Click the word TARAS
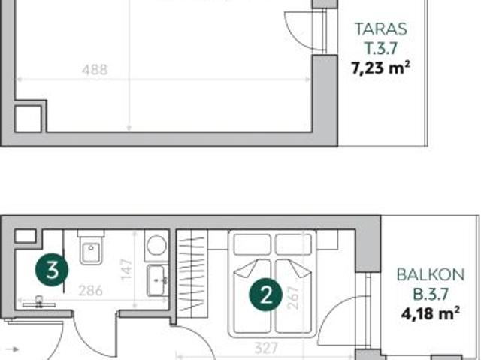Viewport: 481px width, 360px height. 380,30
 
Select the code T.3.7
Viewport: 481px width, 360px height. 380,49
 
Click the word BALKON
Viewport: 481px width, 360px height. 427,274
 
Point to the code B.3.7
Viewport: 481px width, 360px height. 427,293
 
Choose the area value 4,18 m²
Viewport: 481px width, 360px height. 427,312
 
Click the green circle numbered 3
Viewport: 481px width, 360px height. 52,270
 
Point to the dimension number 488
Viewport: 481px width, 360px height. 94,70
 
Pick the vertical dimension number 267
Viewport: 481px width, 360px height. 293,299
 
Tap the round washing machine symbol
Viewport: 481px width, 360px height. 157,245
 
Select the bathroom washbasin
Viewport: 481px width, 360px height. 157,279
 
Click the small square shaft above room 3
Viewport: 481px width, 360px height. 25,235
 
